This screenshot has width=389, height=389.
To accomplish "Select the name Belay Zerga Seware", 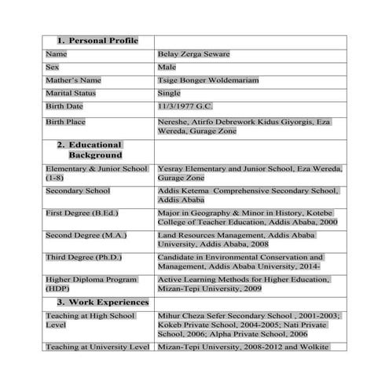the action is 193,54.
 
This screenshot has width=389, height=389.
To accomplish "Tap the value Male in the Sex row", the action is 166,68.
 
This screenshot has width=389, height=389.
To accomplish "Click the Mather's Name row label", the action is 73,80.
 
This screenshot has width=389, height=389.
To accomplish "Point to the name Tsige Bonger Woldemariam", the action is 207,80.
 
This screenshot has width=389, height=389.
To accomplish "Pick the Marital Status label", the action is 70,93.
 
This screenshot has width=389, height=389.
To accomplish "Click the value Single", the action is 169,93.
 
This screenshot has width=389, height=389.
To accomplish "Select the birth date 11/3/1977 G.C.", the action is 185,105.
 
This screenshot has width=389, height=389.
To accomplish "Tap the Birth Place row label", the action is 65,122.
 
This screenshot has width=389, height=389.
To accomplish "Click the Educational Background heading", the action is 94,149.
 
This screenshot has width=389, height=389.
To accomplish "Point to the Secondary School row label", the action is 77,191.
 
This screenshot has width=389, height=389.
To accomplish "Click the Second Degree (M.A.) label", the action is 86,235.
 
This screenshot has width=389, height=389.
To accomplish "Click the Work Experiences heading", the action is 102,302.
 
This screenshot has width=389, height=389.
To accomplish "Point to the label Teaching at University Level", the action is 97,347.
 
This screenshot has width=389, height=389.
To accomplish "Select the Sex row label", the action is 53,68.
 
